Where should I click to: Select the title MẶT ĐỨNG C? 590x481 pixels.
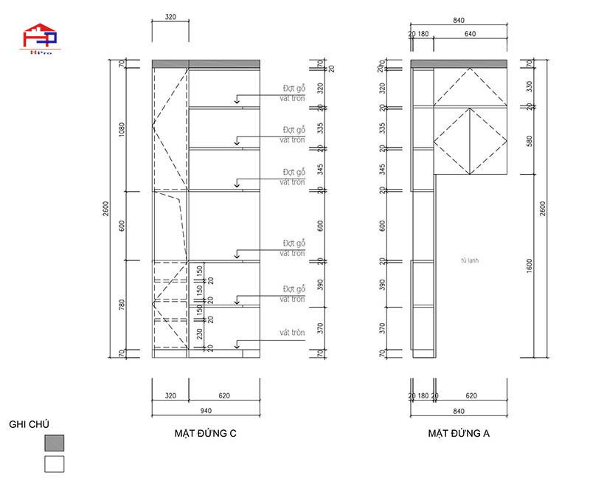point(200,434)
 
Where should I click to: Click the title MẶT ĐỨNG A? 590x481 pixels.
point(459,434)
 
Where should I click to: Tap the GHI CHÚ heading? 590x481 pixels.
point(29,425)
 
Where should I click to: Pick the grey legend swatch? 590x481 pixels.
point(54,443)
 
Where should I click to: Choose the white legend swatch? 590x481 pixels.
point(54,464)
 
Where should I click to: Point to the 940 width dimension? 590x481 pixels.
point(206,411)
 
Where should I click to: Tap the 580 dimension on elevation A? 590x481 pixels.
point(527,140)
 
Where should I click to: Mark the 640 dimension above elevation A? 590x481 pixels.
point(470,33)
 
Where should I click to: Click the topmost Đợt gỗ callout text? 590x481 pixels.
point(294,87)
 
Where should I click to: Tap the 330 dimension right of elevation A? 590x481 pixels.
point(527,86)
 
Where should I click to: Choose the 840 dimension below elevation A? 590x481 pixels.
point(459,411)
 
